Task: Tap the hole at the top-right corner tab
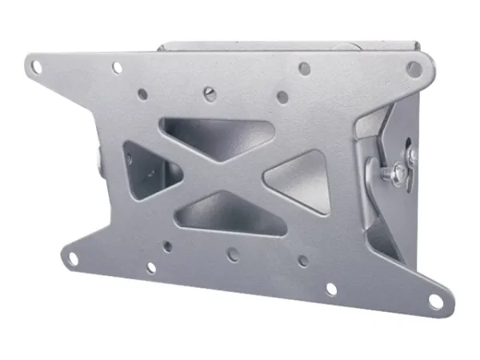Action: coord(414,68)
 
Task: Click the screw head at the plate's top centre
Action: coord(210,94)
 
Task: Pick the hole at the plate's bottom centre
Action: coord(233,254)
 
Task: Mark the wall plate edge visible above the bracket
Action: coord(288,46)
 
